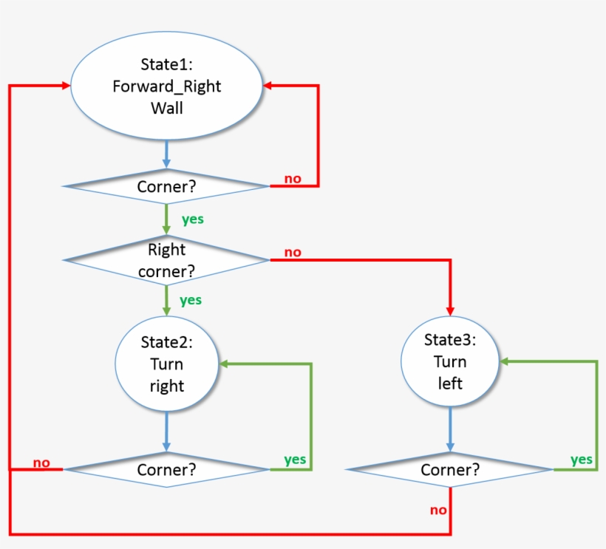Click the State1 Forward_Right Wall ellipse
point(166,86)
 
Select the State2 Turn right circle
point(166,364)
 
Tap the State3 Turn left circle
point(449,361)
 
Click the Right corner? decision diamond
point(166,260)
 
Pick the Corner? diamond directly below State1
point(166,186)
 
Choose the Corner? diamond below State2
point(166,469)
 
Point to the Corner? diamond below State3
point(449,469)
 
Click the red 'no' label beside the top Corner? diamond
point(293,178)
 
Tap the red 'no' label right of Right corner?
point(293,252)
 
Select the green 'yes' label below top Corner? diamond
point(193,219)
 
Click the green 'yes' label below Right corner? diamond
point(191,300)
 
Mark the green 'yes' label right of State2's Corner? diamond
point(295,460)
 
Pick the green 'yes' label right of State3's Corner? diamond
point(582,460)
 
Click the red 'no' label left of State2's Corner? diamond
point(41,463)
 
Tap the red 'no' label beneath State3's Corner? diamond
point(438,510)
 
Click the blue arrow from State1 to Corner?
point(166,154)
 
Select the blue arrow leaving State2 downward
point(166,432)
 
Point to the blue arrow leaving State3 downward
point(449,429)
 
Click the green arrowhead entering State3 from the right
point(505,361)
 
